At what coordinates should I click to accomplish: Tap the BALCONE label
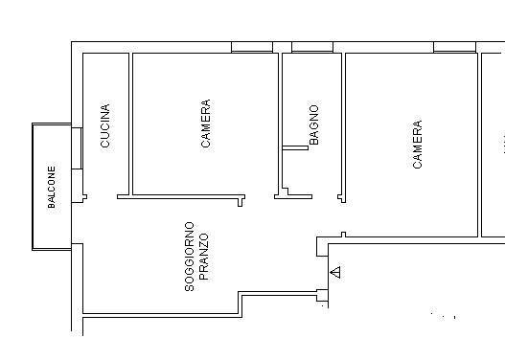point(53,187)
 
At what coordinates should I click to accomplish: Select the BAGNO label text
point(314,125)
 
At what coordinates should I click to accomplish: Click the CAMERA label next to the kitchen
point(205,124)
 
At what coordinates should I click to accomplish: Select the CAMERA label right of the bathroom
point(417,145)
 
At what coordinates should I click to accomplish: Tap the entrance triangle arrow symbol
point(334,273)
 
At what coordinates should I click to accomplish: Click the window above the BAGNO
point(311,47)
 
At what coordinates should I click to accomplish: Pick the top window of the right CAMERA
point(454,47)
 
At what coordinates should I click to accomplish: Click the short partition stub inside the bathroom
point(294,146)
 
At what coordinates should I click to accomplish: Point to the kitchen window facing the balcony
point(76,149)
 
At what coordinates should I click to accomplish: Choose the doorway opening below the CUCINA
point(102,198)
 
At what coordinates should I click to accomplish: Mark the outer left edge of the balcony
point(33,187)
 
